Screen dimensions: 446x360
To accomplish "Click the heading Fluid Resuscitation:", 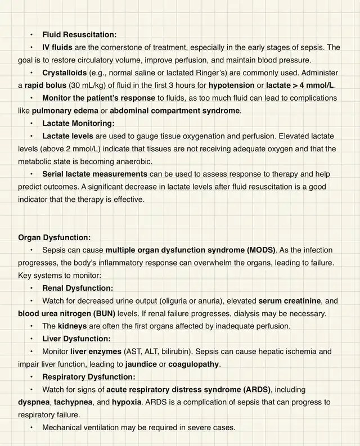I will coord(79,34).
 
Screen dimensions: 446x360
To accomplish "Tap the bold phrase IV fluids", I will coord(58,47).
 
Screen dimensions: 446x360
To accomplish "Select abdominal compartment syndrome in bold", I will coord(174,111).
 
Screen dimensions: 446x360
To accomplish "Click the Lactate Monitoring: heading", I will coord(78,123).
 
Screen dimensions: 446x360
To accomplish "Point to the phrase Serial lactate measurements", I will coord(94,174).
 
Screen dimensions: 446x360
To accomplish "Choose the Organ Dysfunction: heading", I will coord(54,237).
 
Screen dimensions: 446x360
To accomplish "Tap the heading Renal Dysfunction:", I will coord(78,288).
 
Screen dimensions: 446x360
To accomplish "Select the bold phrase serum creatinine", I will coord(290,301).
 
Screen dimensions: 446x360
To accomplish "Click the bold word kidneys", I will coord(72,326).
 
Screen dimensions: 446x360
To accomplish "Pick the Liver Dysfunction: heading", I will coord(76,339).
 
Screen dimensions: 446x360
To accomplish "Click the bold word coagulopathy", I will coord(193,364).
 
